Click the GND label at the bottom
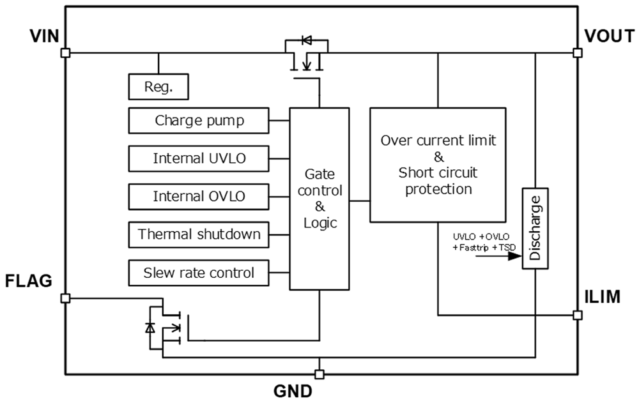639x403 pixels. pos(319,391)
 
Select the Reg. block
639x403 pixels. pos(158,87)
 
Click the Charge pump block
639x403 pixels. pos(199,120)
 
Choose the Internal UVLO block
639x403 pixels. pos(199,158)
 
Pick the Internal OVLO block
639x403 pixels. pos(199,196)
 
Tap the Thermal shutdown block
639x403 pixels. pos(199,234)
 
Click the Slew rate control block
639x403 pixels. pos(199,273)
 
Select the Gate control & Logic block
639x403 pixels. pos(319,198)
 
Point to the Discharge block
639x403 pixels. pos(535,229)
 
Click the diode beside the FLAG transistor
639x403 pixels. pos(150,328)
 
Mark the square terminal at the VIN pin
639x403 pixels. pos(65,53)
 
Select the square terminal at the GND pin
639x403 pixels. pos(319,374)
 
